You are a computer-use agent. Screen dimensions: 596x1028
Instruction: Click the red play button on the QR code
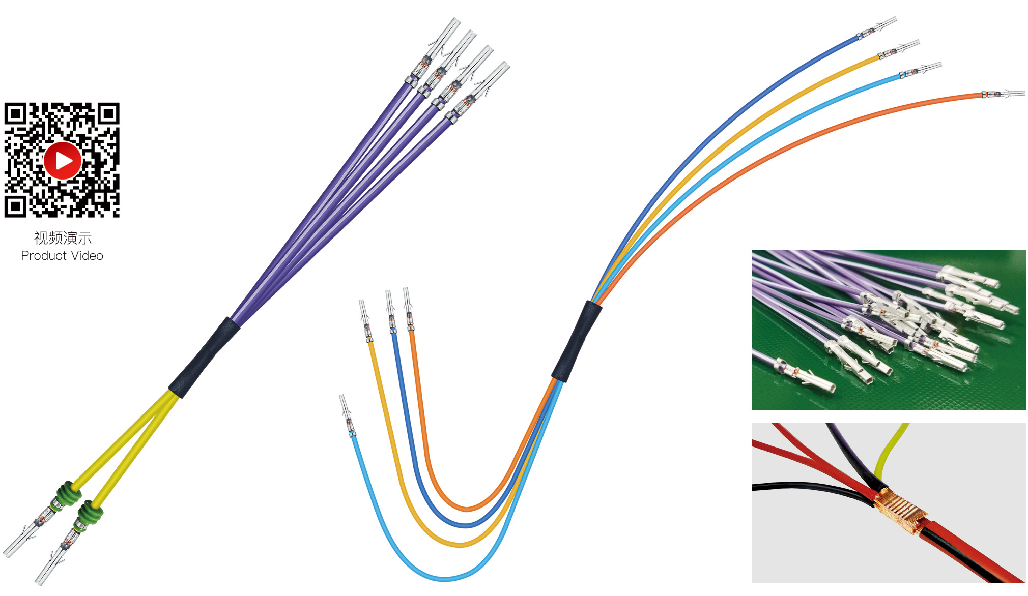[63, 161]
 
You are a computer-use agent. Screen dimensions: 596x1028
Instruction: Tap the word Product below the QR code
[44, 256]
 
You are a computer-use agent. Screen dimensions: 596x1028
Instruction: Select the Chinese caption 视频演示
[63, 237]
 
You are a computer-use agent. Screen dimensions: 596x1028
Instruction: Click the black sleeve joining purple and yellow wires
[204, 357]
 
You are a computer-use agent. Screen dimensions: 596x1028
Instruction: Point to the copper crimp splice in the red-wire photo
[898, 512]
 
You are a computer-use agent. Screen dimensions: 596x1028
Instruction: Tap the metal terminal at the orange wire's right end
[1005, 94]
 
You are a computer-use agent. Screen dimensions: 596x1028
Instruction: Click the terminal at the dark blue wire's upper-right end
[878, 28]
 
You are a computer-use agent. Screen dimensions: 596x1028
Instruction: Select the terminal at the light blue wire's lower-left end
[346, 414]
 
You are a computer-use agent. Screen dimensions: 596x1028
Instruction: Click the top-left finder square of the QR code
[15, 114]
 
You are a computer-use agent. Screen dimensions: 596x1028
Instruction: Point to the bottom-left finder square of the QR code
[15, 206]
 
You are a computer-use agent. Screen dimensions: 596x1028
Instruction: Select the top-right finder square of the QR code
[108, 114]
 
